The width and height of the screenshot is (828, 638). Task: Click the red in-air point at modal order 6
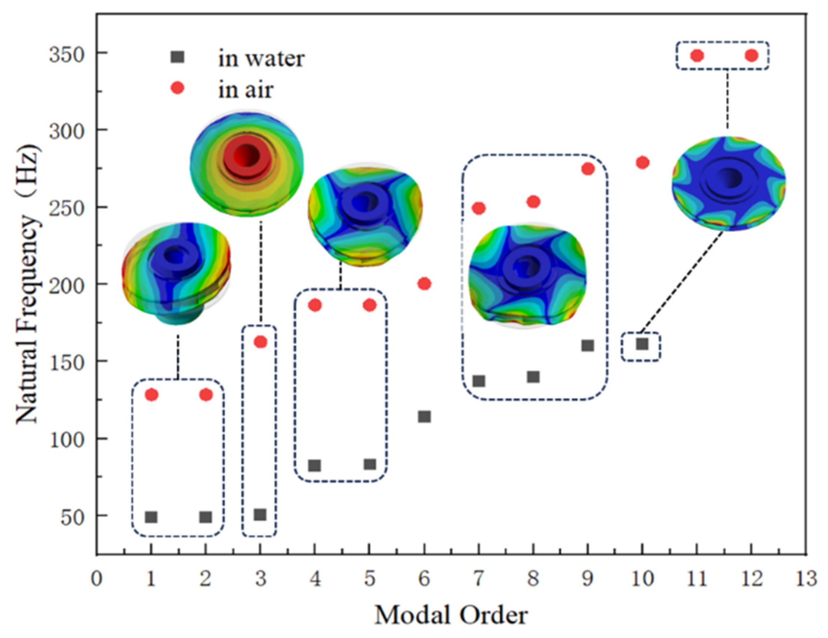pyautogui.click(x=424, y=284)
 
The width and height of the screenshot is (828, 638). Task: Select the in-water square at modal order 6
pyautogui.click(x=424, y=417)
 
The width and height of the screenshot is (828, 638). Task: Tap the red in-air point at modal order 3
pyautogui.click(x=260, y=342)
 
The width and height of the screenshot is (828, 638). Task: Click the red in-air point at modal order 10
pyautogui.click(x=642, y=163)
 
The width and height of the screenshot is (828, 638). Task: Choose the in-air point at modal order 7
pyautogui.click(x=479, y=208)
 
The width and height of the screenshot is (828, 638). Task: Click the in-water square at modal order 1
pyautogui.click(x=151, y=517)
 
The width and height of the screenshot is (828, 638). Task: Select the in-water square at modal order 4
pyautogui.click(x=315, y=465)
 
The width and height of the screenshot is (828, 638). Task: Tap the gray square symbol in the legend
pyautogui.click(x=177, y=57)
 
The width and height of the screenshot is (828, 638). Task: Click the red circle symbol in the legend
pyautogui.click(x=177, y=89)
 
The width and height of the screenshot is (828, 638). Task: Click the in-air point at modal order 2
pyautogui.click(x=206, y=395)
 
